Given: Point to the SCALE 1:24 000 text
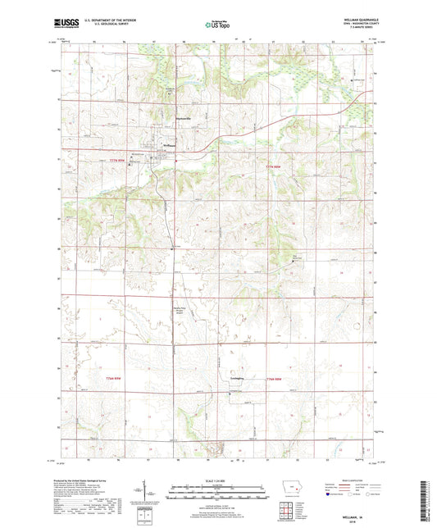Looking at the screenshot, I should coord(218,480).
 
